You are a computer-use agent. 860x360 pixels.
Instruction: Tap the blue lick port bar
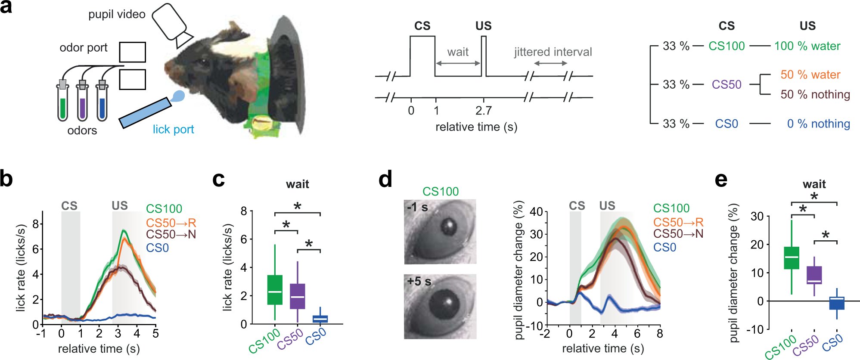click(x=145, y=113)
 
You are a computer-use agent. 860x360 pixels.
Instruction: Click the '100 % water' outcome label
click(x=807, y=46)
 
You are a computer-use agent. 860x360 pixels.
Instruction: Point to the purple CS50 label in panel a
click(x=726, y=84)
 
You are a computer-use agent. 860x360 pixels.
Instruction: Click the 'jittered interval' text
click(x=553, y=52)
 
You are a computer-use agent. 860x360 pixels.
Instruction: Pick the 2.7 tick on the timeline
click(x=483, y=111)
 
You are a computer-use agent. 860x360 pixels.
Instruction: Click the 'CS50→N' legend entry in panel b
click(x=171, y=235)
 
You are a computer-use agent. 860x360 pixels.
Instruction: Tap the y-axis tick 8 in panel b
click(x=36, y=223)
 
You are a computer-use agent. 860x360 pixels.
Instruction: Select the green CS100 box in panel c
click(x=275, y=289)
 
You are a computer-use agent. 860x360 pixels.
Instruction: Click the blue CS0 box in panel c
click(x=320, y=319)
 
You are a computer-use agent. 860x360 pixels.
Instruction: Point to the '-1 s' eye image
click(x=440, y=232)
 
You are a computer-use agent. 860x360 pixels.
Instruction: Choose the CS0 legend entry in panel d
click(x=664, y=248)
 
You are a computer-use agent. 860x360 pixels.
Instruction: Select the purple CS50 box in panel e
click(x=814, y=275)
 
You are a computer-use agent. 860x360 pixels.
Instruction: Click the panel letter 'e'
click(x=721, y=179)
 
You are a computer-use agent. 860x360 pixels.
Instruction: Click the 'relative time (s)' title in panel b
click(x=99, y=348)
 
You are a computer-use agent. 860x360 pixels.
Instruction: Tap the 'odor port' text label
click(x=84, y=48)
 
